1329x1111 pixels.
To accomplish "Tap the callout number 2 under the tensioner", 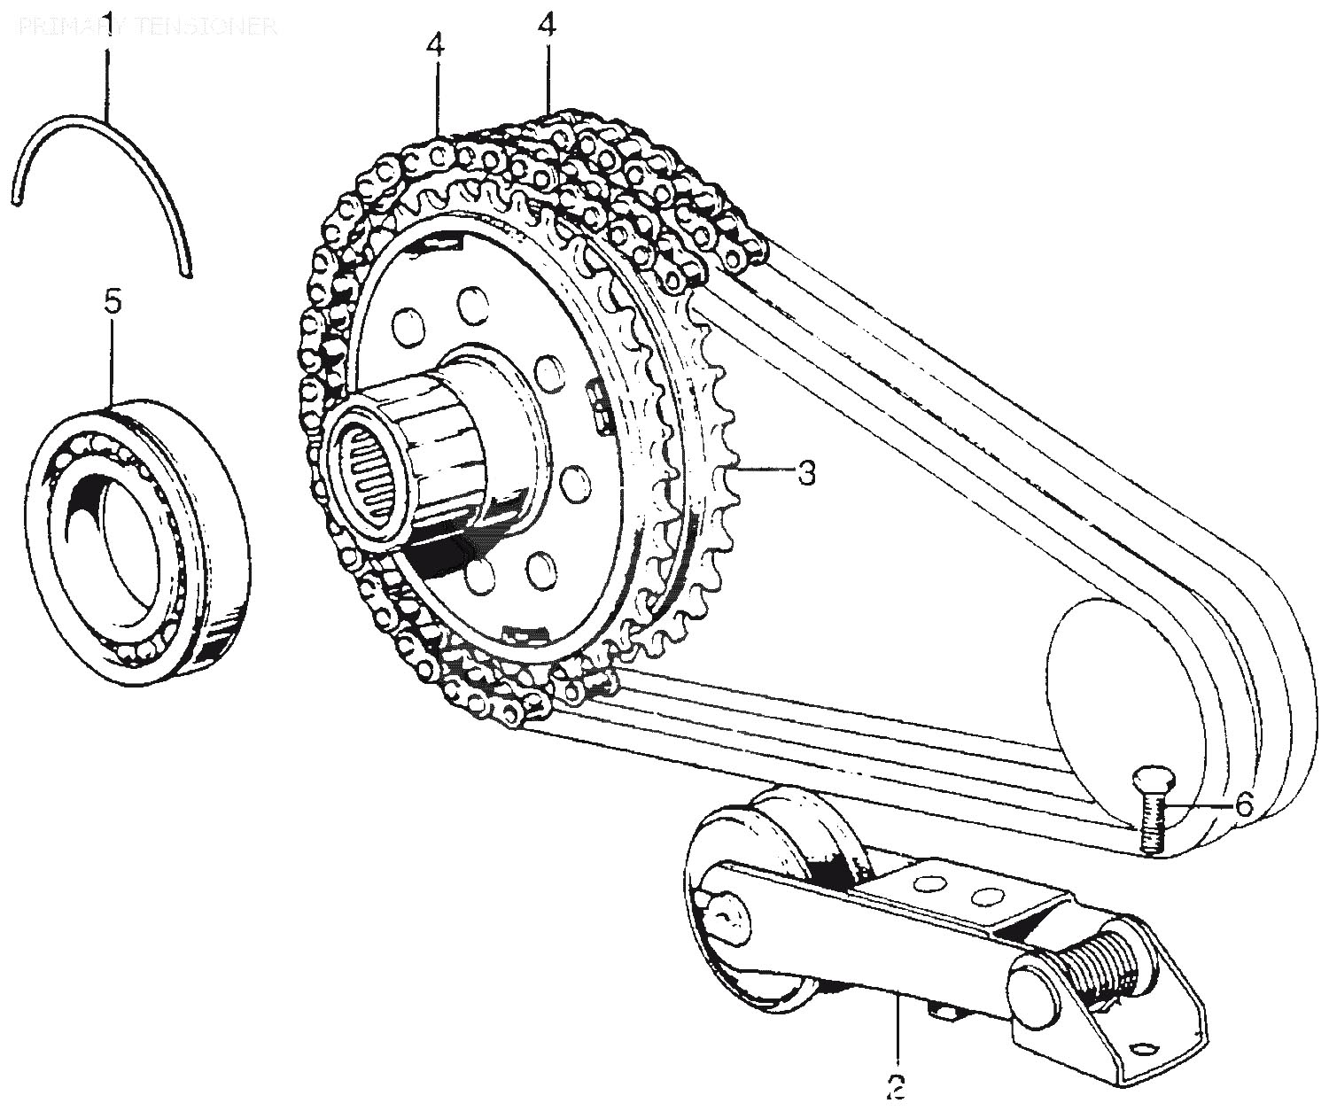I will click(897, 1085).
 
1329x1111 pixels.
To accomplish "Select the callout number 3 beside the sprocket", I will click(805, 472).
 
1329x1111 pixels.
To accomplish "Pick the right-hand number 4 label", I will click(547, 25).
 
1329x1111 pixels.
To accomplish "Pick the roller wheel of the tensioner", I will click(771, 895).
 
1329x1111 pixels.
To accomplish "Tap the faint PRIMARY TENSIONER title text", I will click(147, 26).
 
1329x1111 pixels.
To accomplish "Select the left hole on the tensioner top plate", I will click(928, 884).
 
